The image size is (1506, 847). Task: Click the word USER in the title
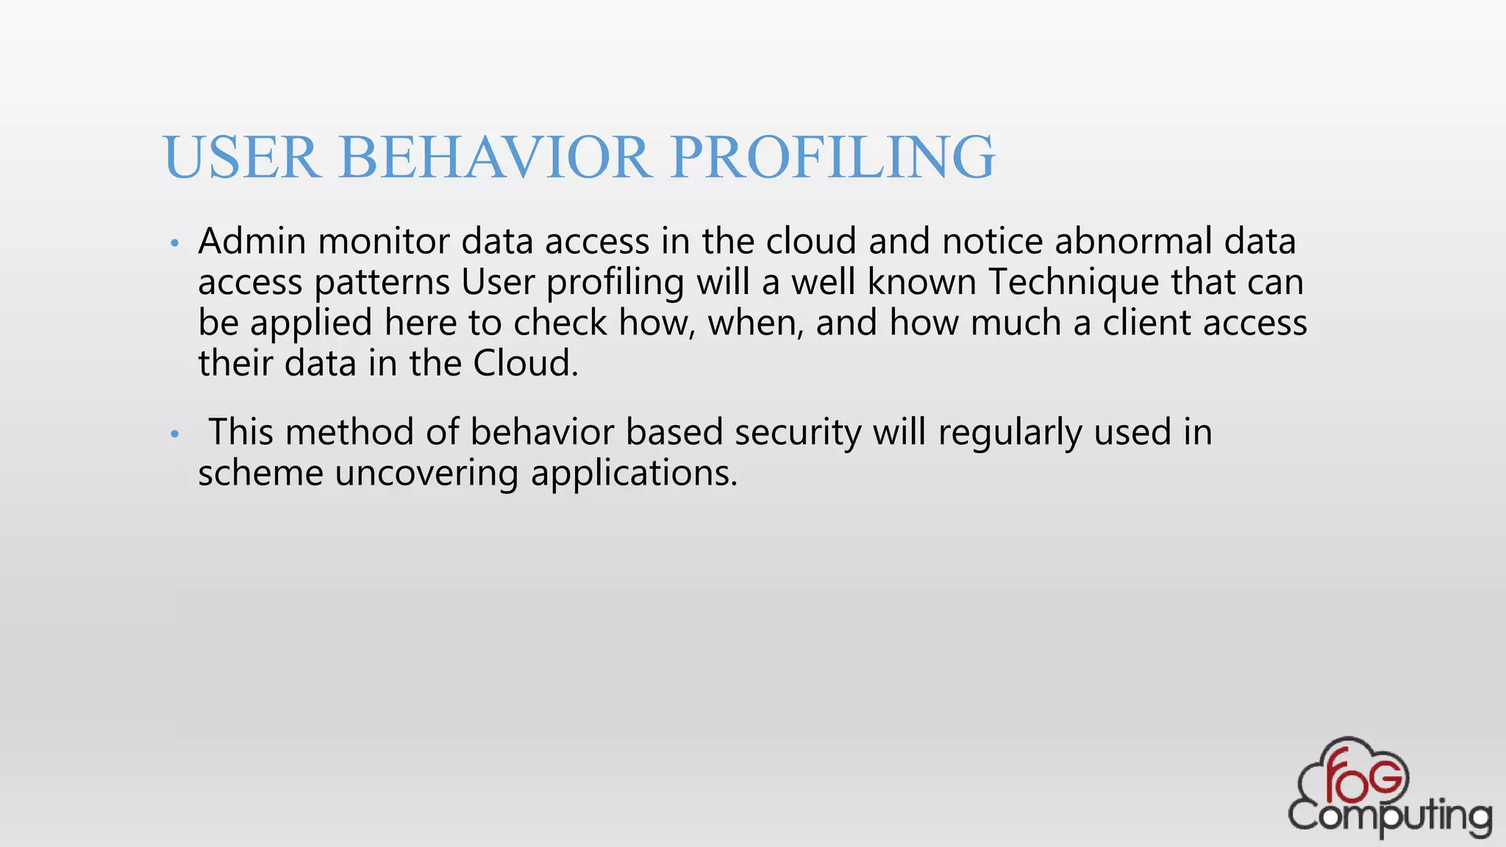[x=241, y=157]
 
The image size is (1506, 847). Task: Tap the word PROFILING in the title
[x=832, y=157]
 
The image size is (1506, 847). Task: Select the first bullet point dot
[x=174, y=243]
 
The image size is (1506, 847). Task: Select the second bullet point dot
[x=174, y=435]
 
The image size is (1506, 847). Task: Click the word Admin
[x=251, y=241]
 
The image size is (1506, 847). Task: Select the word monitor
[x=383, y=241]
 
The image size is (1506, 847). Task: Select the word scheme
[x=260, y=473]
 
